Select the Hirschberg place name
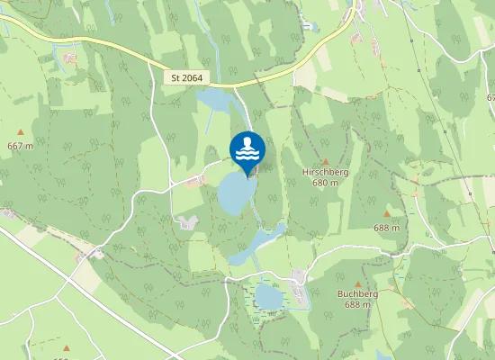[x=326, y=171]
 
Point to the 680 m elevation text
[x=326, y=182]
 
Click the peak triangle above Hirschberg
[x=326, y=160]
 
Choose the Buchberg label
[x=356, y=294]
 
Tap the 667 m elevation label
[x=20, y=146]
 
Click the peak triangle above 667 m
[x=20, y=133]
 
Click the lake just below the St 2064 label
[x=216, y=100]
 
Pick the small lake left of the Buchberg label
[x=268, y=295]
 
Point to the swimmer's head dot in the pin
[x=247, y=140]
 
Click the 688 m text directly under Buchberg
[x=357, y=305]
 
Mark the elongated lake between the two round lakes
[x=255, y=244]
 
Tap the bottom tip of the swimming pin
[x=247, y=175]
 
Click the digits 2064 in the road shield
[x=193, y=78]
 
